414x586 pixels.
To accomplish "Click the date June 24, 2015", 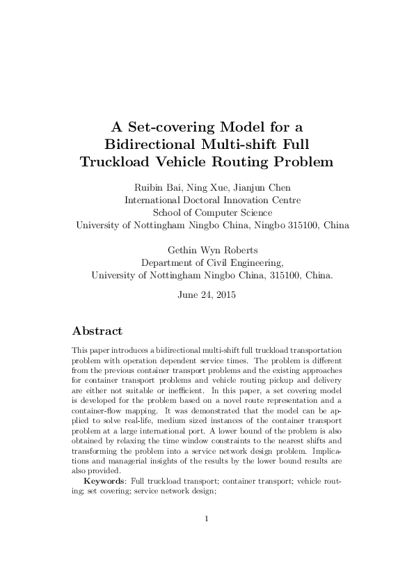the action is click(207, 294).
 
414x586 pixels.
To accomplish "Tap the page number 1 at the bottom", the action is click(207, 518).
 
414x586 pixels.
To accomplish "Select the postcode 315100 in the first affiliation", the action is click(298, 225).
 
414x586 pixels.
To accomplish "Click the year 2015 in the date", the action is click(225, 294).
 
